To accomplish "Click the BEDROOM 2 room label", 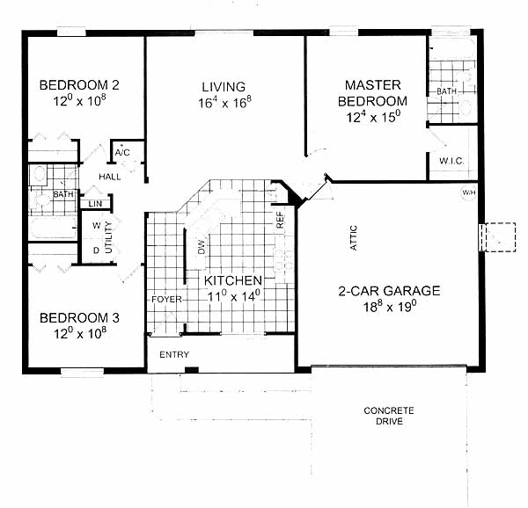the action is (79, 85).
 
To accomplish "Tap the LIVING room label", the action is (224, 87).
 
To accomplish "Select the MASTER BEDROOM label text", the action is (373, 93).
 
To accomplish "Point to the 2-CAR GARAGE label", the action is (389, 291).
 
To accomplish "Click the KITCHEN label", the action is (233, 280).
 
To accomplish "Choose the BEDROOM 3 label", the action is (79, 317).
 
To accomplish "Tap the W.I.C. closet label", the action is (451, 161).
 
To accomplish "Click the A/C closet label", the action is (122, 153).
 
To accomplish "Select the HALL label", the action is (110, 177).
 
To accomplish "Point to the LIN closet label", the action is (95, 204).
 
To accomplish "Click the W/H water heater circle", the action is (468, 192).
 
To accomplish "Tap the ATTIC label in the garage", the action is (353, 237).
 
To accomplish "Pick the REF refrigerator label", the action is (280, 221).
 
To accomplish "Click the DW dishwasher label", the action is (202, 247).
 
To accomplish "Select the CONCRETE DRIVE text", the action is (389, 416).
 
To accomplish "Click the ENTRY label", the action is (174, 355).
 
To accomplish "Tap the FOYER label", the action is (166, 299).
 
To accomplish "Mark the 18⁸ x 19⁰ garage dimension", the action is (390, 307).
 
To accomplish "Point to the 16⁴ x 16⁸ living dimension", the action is (224, 103).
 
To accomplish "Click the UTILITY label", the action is (108, 237).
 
